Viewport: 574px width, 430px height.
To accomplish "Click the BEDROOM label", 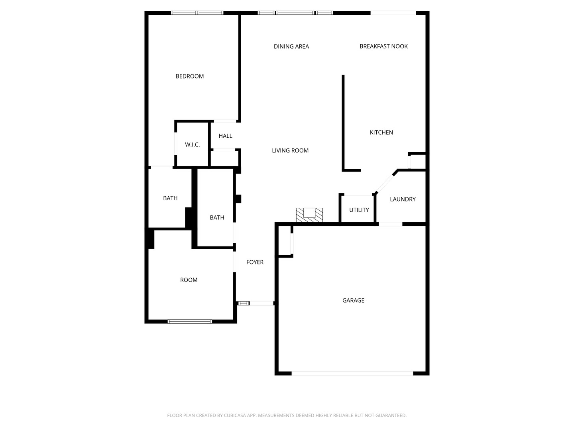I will (x=190, y=76).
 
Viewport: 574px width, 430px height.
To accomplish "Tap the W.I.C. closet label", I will (x=192, y=145).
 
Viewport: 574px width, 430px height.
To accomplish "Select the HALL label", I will (x=225, y=136).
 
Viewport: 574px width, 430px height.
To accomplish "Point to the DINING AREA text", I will (x=291, y=46).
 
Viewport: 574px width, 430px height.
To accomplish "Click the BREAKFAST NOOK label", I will (x=383, y=46).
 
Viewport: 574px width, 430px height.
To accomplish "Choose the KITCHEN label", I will (x=381, y=132).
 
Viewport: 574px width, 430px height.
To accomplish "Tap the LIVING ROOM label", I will (x=290, y=150).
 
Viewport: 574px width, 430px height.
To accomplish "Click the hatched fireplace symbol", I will (x=309, y=215).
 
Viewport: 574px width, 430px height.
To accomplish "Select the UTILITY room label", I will (x=359, y=210).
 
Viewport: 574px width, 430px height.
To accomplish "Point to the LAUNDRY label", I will (x=403, y=199).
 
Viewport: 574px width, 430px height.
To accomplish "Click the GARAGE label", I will (x=353, y=300).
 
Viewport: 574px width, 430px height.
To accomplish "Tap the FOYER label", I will (x=255, y=262).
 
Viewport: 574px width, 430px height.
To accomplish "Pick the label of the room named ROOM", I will (x=189, y=280).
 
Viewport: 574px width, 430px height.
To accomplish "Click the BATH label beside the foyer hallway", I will (x=217, y=217).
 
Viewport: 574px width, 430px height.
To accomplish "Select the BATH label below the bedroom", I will (x=170, y=198).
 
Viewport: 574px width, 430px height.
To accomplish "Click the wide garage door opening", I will (x=352, y=373).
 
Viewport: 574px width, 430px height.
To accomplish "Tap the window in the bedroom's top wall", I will (x=197, y=13).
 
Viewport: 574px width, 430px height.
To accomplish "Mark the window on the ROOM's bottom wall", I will (x=190, y=321).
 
